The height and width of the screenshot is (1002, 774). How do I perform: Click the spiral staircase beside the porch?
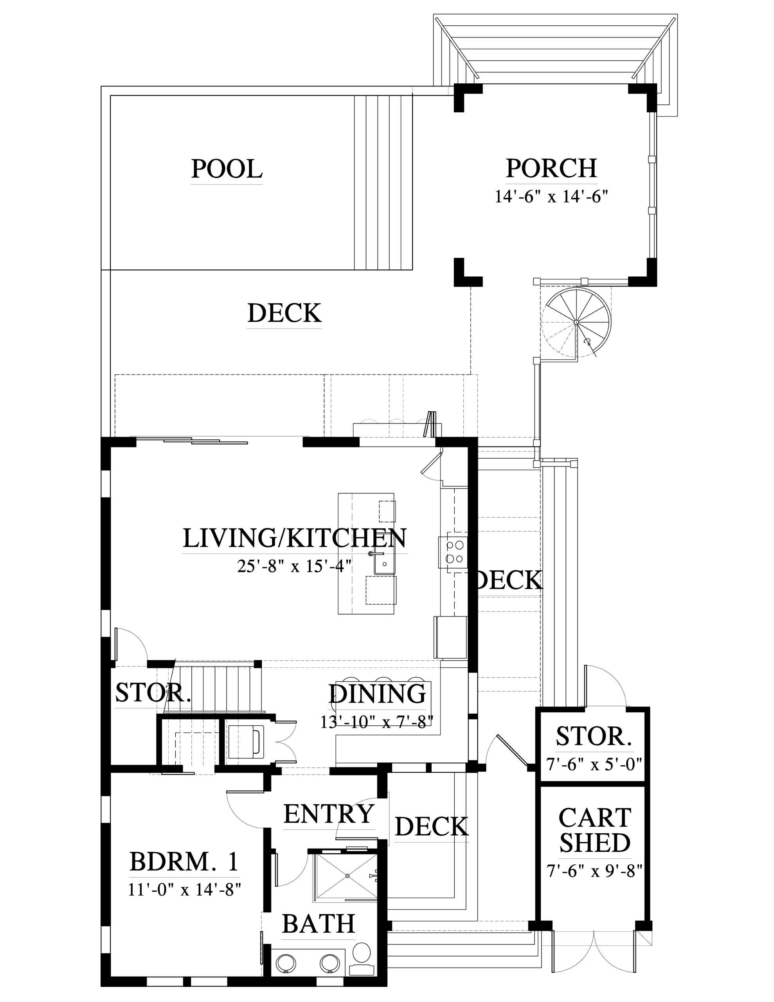point(576,322)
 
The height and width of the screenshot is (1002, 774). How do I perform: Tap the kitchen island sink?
point(385,562)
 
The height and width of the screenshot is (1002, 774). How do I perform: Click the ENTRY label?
point(329,815)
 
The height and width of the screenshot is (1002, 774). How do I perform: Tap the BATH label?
point(319,924)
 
